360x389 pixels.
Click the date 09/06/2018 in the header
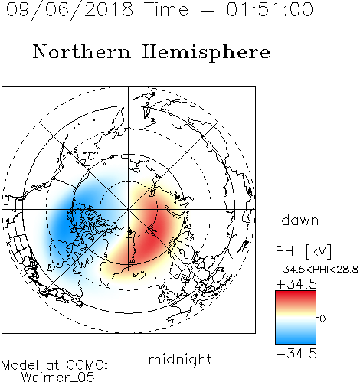tap(70, 10)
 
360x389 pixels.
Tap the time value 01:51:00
tap(270, 9)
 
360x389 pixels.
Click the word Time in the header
tap(166, 9)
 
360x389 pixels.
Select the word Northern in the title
tap(82, 51)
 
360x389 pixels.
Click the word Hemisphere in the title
tap(206, 53)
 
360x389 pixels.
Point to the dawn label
tap(300, 220)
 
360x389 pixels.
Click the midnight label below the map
tap(180, 359)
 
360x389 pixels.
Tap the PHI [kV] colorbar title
tap(303, 251)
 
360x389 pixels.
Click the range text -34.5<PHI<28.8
tap(317, 270)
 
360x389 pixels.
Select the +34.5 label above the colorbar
tap(296, 284)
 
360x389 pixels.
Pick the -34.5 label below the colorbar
tap(296, 354)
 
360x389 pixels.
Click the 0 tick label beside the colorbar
tap(322, 319)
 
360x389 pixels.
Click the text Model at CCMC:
tap(54, 365)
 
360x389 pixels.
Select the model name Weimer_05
tap(58, 378)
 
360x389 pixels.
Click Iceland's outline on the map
tap(139, 276)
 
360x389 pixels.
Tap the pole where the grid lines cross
tap(129, 209)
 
